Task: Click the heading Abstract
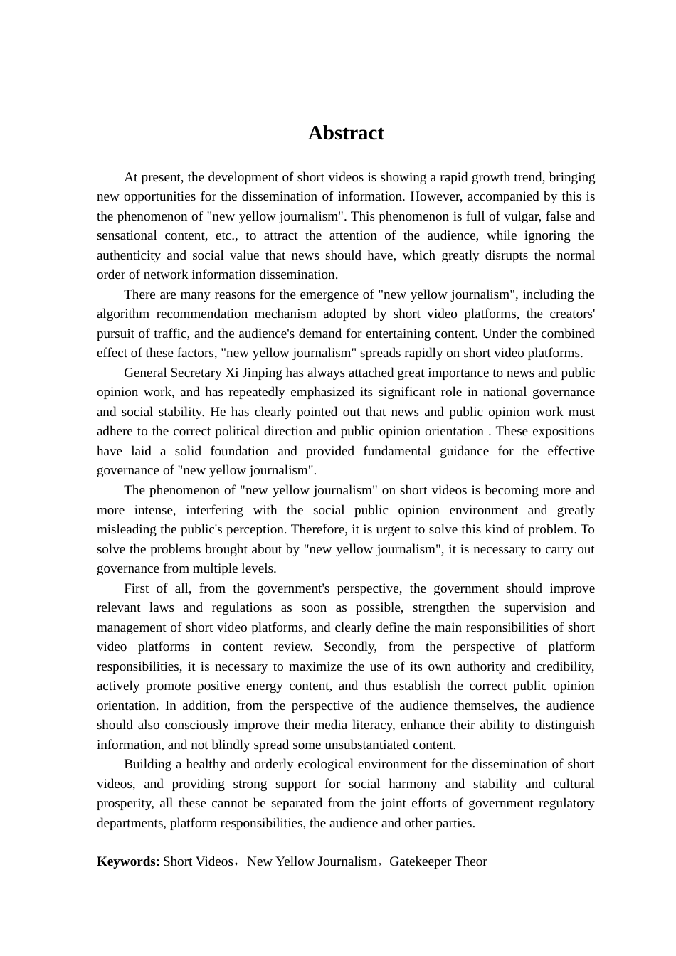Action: tap(346, 133)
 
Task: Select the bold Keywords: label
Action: tap(128, 861)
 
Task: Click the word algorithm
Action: tap(123, 314)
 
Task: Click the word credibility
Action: tap(563, 666)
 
